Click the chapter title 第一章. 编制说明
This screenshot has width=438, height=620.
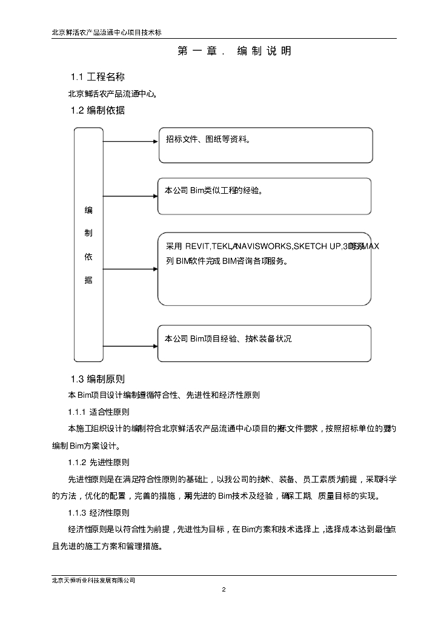pos(234,51)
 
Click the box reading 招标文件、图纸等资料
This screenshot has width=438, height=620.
pos(265,145)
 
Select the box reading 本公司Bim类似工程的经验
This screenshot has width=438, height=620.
pos(264,196)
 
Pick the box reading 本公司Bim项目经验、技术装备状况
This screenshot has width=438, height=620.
pos(264,343)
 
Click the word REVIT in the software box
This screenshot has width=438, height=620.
pos(197,246)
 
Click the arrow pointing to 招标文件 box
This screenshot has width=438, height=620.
pos(131,142)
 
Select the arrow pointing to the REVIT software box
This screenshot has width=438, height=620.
pos(131,269)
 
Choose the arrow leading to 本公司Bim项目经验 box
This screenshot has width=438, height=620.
pos(131,343)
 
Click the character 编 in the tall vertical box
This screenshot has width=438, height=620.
pos(88,210)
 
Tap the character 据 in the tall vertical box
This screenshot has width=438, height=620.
pos(88,280)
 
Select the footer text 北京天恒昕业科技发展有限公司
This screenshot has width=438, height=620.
pos(93,580)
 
